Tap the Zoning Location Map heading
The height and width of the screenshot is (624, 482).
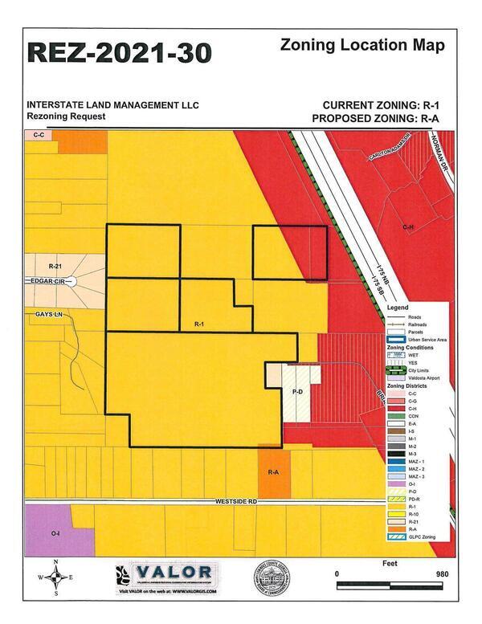362,46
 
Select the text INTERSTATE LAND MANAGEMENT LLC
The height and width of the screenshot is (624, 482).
112,105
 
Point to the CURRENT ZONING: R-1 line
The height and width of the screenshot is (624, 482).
381,105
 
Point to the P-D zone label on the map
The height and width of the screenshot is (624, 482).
296,392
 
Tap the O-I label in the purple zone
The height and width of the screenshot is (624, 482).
55,532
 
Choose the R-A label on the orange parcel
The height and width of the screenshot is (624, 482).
272,472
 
